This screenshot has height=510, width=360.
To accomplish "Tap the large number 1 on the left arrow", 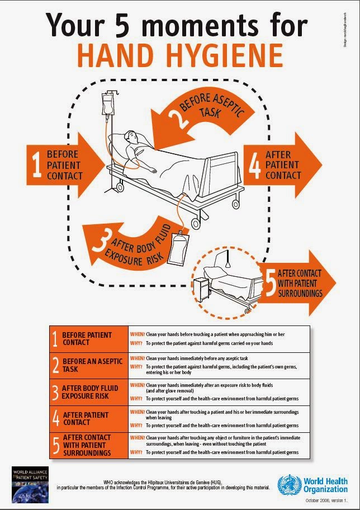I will point(37,165).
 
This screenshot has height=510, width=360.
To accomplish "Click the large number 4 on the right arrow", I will point(254,166).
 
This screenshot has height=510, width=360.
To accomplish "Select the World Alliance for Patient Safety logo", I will point(30,482).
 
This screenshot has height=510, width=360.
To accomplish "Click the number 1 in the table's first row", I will point(55,338).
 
